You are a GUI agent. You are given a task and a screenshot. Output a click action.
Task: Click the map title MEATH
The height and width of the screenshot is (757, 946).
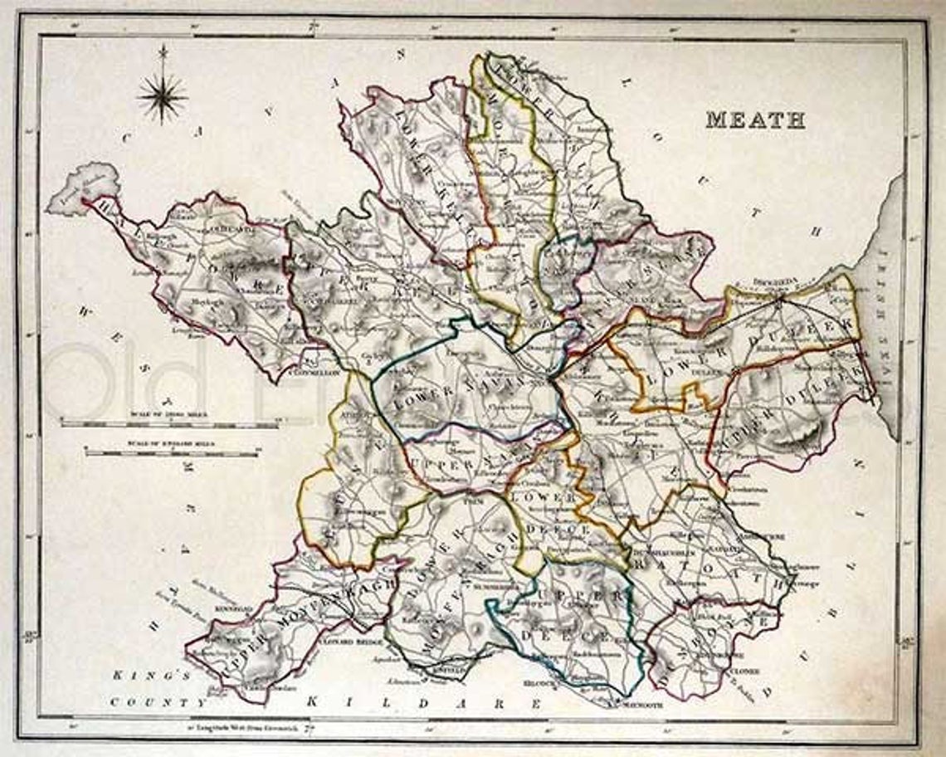(755, 120)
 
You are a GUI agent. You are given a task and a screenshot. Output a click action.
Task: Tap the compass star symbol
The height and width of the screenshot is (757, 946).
(163, 96)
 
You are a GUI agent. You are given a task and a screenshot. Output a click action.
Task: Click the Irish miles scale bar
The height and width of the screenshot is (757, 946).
(170, 423)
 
